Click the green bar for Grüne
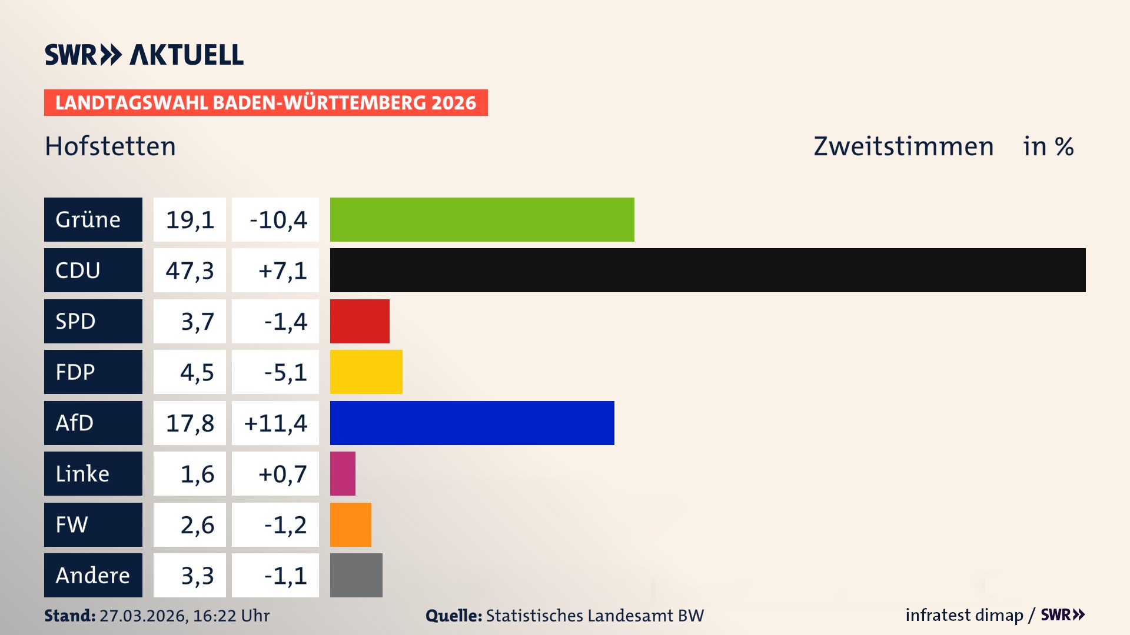pos(482,219)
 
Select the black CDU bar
pos(707,270)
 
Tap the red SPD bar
pos(360,321)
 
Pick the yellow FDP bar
pos(366,372)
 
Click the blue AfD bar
pos(472,423)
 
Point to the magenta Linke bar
pos(343,473)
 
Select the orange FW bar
pos(350,524)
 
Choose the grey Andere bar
pos(356,575)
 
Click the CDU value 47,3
pos(190,270)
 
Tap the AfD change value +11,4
pos(275,423)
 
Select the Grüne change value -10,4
pos(278,220)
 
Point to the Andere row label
pos(93,575)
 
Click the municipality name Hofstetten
pos(110,146)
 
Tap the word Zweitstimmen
pos(903,146)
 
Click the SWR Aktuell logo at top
pos(144,55)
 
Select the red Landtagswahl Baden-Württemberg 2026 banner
pos(265,103)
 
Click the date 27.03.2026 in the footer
pos(143,616)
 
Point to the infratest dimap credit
pos(964,615)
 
